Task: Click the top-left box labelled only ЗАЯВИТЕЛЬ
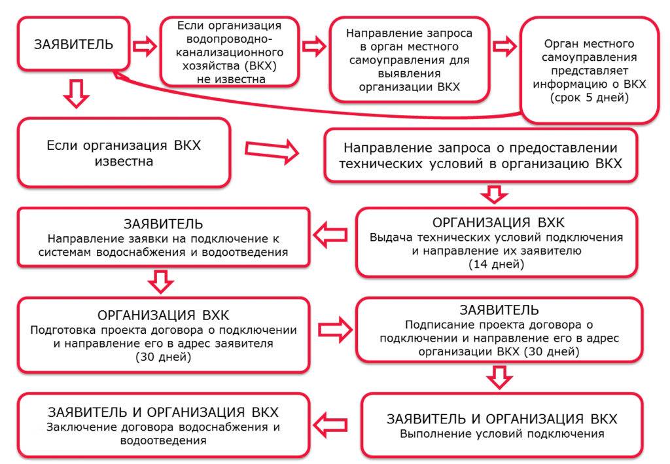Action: click(73, 45)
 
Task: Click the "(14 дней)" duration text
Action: click(495, 264)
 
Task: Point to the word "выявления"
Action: click(400, 73)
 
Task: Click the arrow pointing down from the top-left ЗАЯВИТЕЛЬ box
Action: click(77, 96)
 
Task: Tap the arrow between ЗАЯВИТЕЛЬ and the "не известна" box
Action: click(145, 46)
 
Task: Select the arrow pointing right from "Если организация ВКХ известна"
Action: click(272, 150)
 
